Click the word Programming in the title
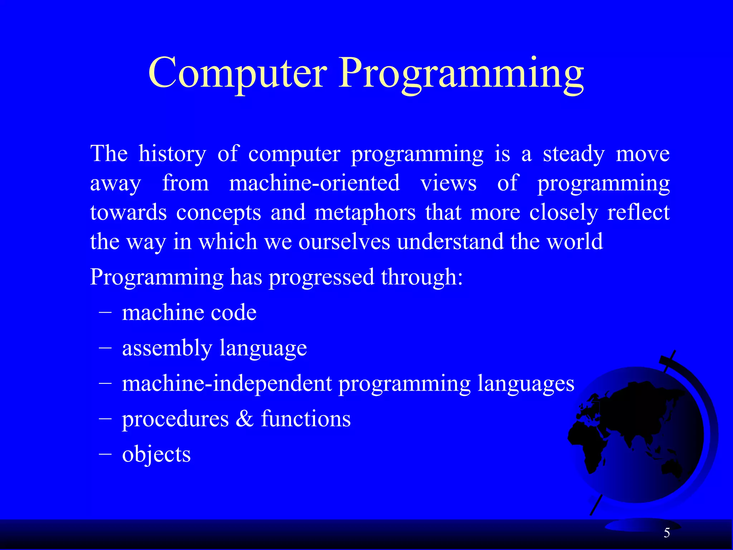[x=462, y=75]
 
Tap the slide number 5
[x=666, y=533]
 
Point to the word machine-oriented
[x=314, y=183]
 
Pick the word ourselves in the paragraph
[x=344, y=242]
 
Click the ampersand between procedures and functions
[x=244, y=419]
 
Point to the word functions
[x=306, y=419]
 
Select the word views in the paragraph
[x=448, y=183]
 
